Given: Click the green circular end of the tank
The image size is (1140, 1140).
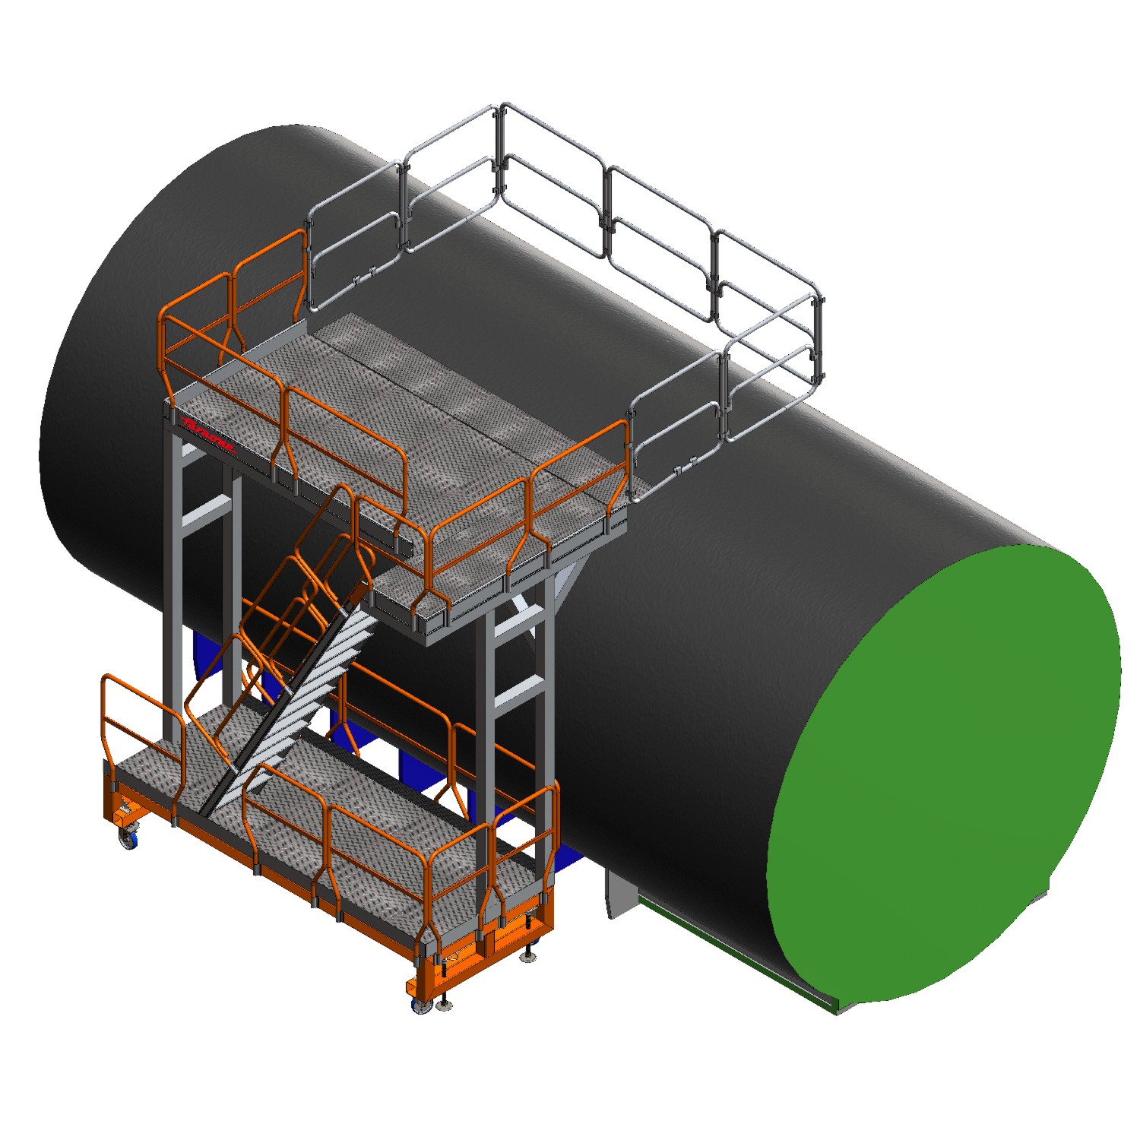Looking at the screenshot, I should coord(942,775).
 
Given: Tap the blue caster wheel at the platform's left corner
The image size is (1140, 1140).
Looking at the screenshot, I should coord(128,839).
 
